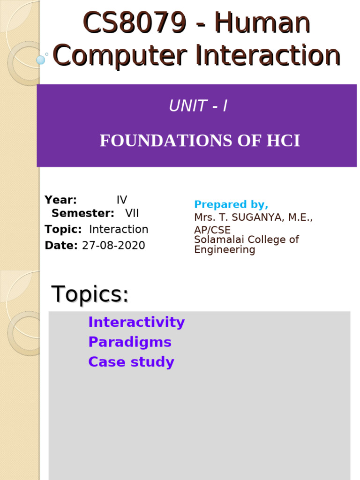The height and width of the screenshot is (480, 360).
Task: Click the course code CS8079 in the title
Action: point(135,23)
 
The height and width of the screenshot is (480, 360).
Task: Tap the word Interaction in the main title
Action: point(268,55)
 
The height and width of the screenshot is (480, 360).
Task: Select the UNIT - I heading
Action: point(198,106)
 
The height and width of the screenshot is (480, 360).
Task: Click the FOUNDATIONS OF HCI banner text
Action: point(200,141)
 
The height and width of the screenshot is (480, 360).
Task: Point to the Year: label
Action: point(61,200)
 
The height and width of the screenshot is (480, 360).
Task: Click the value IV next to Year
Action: point(122,200)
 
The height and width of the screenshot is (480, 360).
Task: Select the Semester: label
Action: point(83,214)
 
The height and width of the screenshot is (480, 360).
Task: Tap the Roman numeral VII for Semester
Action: point(132,214)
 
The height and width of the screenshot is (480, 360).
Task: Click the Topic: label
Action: point(63,230)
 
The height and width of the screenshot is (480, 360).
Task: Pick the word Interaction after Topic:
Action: point(119,230)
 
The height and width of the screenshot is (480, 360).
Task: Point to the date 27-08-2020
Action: point(113,246)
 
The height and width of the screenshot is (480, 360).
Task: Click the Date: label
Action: point(61,246)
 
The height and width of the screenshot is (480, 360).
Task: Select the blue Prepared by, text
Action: point(231,205)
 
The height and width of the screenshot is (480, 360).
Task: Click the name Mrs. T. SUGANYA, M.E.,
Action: point(254,217)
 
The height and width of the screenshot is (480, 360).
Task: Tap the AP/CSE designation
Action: point(212,230)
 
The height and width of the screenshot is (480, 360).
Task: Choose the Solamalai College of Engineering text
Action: point(246,245)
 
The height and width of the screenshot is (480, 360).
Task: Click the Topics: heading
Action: point(90,294)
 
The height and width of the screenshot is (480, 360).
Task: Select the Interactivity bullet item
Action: point(136,322)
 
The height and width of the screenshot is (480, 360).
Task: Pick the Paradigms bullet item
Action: point(130,342)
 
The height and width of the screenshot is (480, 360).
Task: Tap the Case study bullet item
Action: point(131,362)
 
